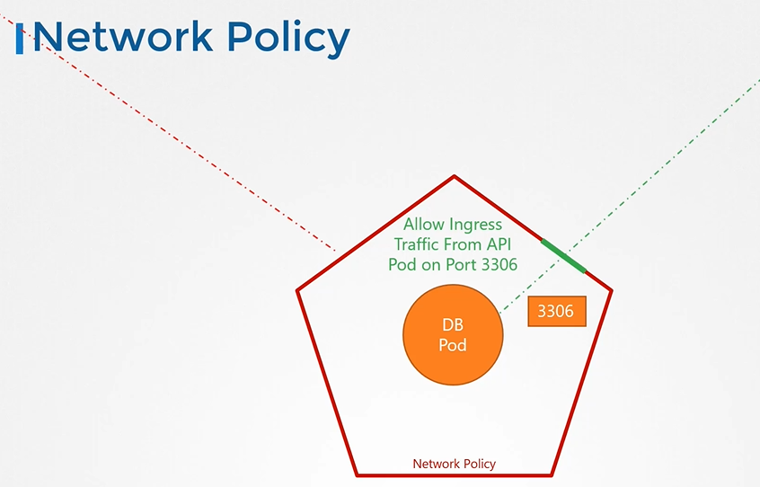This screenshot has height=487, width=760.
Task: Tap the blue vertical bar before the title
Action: point(20,38)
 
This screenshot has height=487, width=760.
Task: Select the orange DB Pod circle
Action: point(454,333)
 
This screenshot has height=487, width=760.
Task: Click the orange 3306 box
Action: point(557,312)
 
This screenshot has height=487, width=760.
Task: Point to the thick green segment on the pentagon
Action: point(563,255)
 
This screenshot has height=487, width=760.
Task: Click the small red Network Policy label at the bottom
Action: point(454,464)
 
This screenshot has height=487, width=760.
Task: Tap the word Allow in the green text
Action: point(426,225)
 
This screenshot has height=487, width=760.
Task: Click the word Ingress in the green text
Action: point(477,225)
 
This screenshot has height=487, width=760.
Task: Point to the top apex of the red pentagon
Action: point(455,177)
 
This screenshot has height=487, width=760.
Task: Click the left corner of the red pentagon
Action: point(298,290)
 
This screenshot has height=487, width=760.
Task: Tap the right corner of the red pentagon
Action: point(611,290)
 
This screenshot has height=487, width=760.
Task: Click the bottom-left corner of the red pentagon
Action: point(358,474)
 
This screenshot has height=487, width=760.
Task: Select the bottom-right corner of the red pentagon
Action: point(552,474)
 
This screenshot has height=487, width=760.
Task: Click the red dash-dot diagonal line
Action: point(180,135)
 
